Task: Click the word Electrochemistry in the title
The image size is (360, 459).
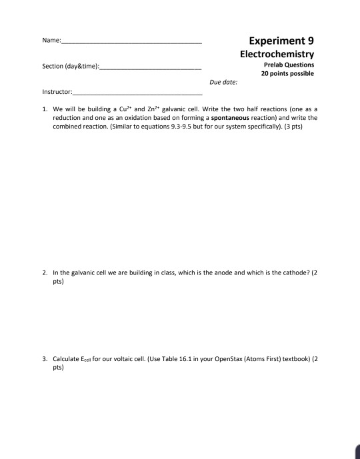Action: click(277, 53)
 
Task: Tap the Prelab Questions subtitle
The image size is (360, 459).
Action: click(289, 65)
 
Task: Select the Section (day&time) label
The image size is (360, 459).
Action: click(69, 67)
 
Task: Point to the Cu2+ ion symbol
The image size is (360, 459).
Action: click(126, 109)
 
